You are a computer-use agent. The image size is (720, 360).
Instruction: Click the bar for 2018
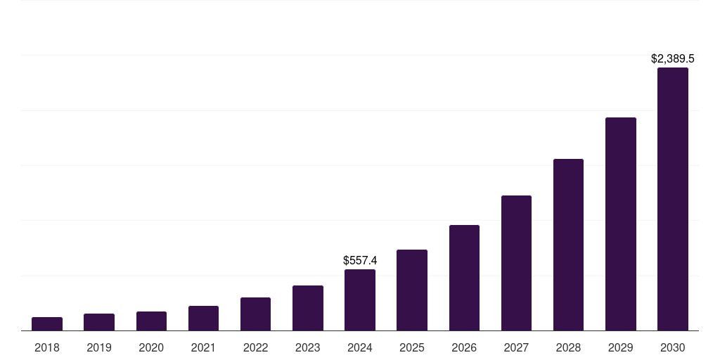(x=47, y=324)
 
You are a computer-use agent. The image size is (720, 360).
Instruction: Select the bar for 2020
(x=151, y=321)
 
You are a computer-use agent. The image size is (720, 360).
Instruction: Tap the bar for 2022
(x=255, y=314)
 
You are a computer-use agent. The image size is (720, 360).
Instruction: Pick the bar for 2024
(x=360, y=300)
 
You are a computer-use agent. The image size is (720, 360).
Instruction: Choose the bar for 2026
(x=464, y=278)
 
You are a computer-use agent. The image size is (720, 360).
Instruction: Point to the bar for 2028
(x=568, y=245)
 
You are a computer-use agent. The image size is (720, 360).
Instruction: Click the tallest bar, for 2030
(x=673, y=199)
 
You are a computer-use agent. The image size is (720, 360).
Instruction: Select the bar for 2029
(x=621, y=224)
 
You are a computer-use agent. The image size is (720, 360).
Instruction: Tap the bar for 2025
(x=412, y=290)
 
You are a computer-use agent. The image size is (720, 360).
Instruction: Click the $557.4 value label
(x=360, y=260)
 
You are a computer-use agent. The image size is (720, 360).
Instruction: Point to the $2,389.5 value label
(x=673, y=59)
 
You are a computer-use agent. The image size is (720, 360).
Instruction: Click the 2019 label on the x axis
(x=99, y=347)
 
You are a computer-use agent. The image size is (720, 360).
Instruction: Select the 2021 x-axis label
(x=203, y=347)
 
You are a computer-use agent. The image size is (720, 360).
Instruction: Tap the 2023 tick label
(x=308, y=347)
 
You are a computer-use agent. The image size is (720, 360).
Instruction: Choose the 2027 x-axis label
(x=516, y=347)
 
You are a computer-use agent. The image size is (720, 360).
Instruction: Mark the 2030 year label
(x=673, y=347)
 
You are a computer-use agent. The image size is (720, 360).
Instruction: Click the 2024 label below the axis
(x=360, y=347)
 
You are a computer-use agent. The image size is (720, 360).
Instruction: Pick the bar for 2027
(x=516, y=263)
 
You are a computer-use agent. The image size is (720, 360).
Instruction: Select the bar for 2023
(x=308, y=308)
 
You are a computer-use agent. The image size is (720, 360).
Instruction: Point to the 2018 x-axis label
(x=47, y=347)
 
